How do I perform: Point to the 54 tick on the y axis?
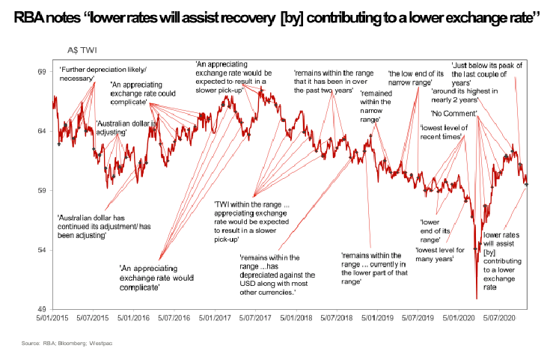pyautogui.click(x=42, y=249)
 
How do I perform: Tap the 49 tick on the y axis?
pyautogui.click(x=42, y=308)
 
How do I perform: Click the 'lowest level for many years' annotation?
pyautogui.click(x=439, y=254)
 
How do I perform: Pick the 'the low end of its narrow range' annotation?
pyautogui.click(x=415, y=77)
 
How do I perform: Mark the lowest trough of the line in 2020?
pyautogui.click(x=477, y=298)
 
